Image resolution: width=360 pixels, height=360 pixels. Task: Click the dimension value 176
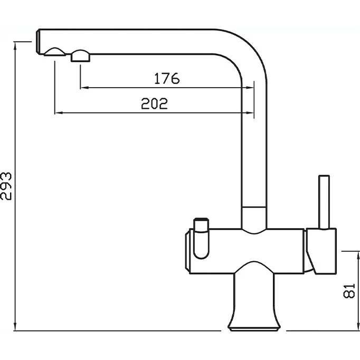click(167, 78)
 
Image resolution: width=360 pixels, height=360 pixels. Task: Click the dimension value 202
click(154, 103)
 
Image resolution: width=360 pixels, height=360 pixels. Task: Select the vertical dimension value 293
click(6, 186)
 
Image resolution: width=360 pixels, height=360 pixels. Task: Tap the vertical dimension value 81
click(349, 291)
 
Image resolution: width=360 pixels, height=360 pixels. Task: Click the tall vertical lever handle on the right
click(324, 202)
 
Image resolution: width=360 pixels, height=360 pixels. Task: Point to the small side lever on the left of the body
click(201, 238)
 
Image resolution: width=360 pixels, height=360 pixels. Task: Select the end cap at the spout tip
click(38, 42)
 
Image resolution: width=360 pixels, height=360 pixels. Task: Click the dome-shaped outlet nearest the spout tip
click(55, 52)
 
